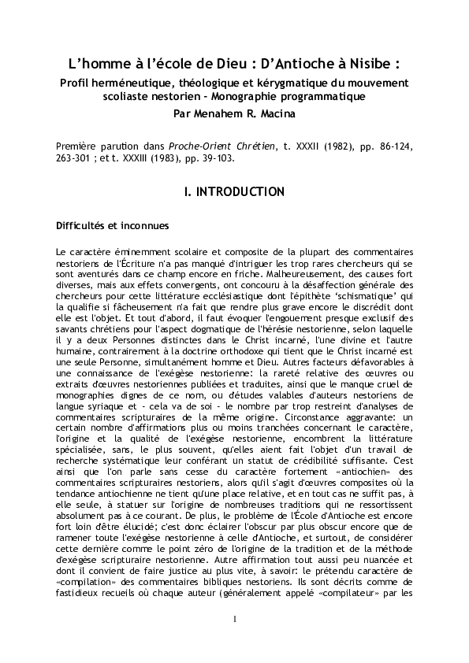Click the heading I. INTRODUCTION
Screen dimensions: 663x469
coord(234,191)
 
